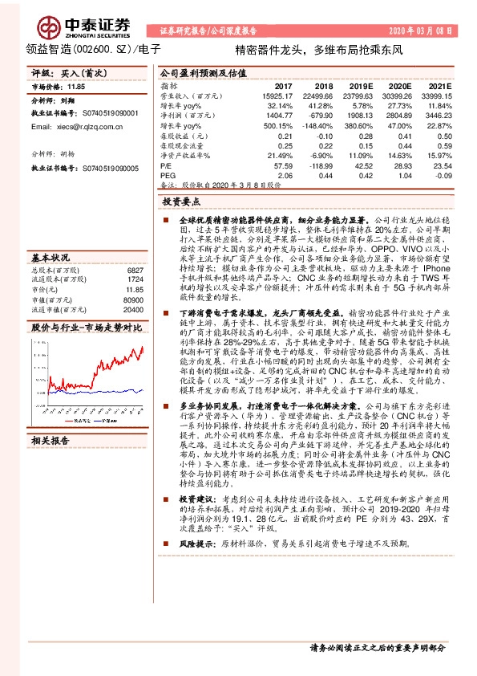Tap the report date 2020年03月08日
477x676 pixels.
pyautogui.click(x=422, y=31)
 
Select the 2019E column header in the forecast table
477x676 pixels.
pyautogui.click(x=362, y=84)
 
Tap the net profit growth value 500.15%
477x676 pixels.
pyautogui.click(x=277, y=126)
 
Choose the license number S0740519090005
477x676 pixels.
pyautogui.click(x=107, y=169)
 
